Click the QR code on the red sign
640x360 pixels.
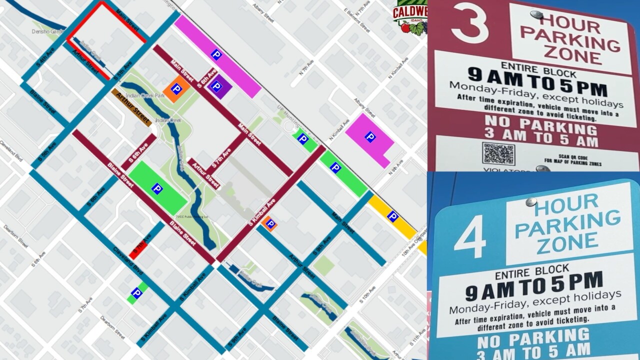(498, 153)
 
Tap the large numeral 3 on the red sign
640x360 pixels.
(469, 23)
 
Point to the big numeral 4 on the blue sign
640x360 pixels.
(469, 236)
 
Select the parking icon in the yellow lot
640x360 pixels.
(392, 216)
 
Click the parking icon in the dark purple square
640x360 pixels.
(216, 86)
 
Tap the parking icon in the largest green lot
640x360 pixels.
(157, 188)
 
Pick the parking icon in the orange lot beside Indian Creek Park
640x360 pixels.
(176, 89)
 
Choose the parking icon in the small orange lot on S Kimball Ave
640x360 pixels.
(270, 223)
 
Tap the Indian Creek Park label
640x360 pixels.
(145, 95)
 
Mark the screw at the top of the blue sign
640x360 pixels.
(530, 202)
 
